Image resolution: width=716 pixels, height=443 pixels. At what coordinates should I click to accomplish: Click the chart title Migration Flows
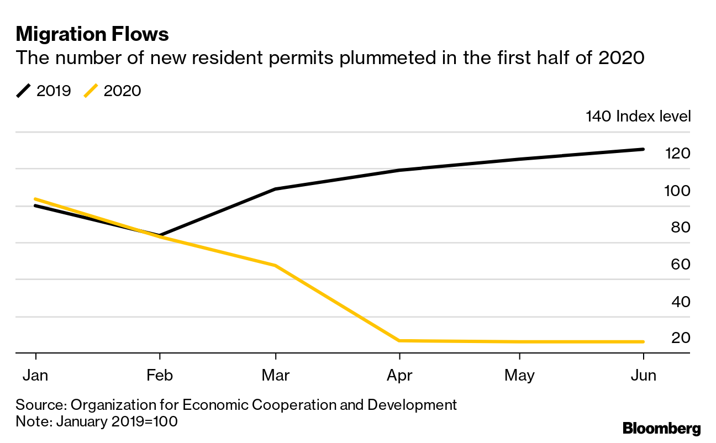click(x=92, y=34)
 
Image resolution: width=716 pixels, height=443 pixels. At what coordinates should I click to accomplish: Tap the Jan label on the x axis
click(x=35, y=376)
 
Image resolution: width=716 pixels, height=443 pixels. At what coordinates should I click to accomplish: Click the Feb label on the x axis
click(x=160, y=376)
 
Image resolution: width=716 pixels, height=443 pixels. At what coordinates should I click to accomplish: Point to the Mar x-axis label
click(x=275, y=376)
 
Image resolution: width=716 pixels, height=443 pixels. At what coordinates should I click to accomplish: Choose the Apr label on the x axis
click(x=399, y=376)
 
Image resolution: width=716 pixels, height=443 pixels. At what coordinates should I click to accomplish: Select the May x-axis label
click(x=519, y=376)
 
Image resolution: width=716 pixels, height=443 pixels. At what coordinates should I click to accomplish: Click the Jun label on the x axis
click(x=644, y=376)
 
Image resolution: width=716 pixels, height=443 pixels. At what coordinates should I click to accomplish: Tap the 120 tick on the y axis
click(x=677, y=153)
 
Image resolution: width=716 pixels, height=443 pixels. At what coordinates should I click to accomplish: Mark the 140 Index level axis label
click(x=638, y=117)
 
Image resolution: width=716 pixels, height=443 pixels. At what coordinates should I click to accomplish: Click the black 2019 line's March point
click(x=275, y=189)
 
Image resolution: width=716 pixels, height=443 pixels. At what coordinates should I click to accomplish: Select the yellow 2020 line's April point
click(x=399, y=340)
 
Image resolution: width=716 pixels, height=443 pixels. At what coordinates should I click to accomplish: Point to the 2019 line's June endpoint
click(x=643, y=149)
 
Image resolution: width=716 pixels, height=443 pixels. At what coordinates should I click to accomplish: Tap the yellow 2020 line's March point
click(x=275, y=266)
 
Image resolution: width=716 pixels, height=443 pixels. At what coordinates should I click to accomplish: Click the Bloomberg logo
click(x=661, y=428)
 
